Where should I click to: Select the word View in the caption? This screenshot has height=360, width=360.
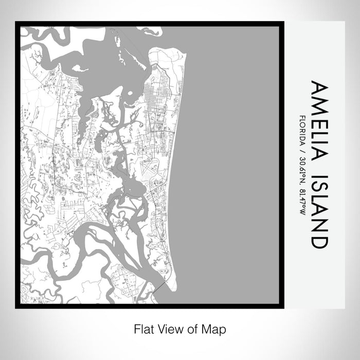[x=167, y=328]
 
